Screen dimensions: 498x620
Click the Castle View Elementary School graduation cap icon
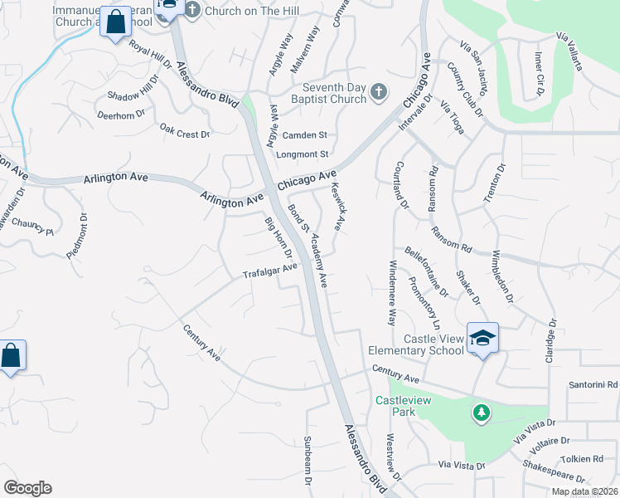tap(482, 338)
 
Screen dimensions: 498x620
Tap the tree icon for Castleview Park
tap(481, 412)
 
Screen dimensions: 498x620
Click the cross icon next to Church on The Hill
tap(192, 11)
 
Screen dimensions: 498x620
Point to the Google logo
tap(27, 488)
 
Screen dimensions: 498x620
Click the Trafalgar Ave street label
tap(269, 271)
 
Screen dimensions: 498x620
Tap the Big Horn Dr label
tap(279, 237)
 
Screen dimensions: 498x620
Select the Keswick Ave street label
tap(337, 207)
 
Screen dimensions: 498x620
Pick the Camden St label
tap(305, 135)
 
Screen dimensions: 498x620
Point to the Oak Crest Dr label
tap(185, 131)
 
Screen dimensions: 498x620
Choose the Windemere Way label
tap(392, 292)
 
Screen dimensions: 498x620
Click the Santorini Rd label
tap(593, 385)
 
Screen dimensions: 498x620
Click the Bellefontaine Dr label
tap(426, 271)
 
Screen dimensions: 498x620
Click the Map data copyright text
tap(584, 491)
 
